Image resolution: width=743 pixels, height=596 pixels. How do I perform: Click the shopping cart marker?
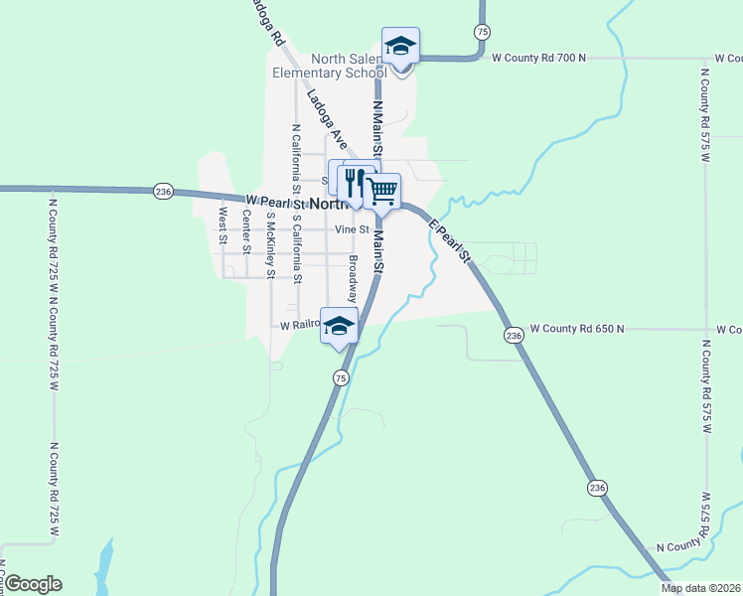coord(381,190)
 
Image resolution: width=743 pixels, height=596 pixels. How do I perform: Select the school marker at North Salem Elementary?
coord(401,48)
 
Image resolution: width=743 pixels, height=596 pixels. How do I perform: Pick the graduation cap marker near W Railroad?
coord(339,327)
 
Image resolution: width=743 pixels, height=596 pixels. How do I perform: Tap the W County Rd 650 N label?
coord(577,328)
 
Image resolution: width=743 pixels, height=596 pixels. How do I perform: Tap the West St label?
coord(223,225)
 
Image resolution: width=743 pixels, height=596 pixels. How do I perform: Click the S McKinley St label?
coord(270,245)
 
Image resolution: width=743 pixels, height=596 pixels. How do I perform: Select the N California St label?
coord(295,159)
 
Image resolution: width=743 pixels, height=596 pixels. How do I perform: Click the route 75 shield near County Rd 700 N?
coord(481,31)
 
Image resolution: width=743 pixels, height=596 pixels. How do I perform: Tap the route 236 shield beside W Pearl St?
coord(164,192)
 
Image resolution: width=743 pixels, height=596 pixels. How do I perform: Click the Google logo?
coord(32,584)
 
